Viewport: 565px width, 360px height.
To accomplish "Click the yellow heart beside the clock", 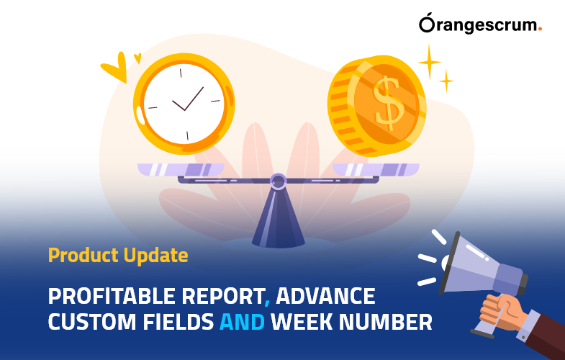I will coord(115,69).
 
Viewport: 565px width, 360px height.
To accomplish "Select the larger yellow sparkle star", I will coord(429,62).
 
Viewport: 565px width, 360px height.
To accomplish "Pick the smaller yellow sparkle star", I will coord(447,81).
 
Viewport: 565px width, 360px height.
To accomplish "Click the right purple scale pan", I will coord(375,170).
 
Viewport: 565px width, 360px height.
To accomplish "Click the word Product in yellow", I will coord(77,255).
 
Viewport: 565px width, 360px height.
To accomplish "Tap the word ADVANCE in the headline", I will coord(326,296).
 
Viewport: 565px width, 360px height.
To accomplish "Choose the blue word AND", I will coord(242,322).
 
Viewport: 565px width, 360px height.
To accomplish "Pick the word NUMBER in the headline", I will coord(392,322).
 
